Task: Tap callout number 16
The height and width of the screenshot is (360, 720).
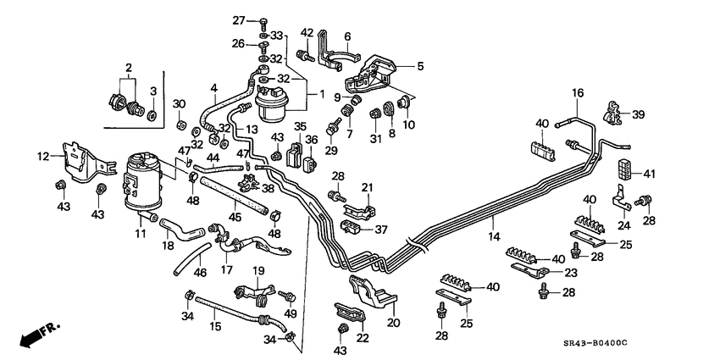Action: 577,93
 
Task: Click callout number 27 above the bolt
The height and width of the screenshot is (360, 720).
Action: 239,20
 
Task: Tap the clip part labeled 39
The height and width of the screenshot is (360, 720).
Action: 613,113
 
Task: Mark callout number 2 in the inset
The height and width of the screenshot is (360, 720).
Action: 129,67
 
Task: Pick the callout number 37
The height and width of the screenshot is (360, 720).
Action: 380,229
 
